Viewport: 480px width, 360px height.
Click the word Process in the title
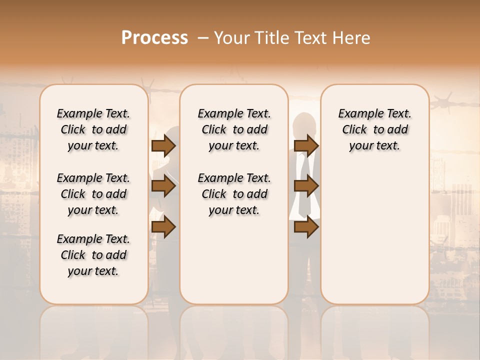[154, 38]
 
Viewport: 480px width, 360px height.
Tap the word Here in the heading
[352, 38]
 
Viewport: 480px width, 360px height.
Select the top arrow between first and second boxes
[163, 146]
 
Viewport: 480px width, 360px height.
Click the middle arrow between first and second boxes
[163, 186]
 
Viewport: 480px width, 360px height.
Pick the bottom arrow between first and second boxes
[163, 227]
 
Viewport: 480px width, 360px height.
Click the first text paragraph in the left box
[93, 129]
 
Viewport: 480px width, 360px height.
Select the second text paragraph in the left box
[93, 194]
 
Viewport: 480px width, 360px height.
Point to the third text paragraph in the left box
[93, 255]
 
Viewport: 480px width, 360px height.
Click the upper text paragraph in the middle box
[234, 129]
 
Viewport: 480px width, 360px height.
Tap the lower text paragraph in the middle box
[234, 194]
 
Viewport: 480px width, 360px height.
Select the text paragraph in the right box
[374, 129]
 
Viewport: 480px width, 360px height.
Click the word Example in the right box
[357, 114]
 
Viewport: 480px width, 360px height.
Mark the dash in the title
[203, 38]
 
